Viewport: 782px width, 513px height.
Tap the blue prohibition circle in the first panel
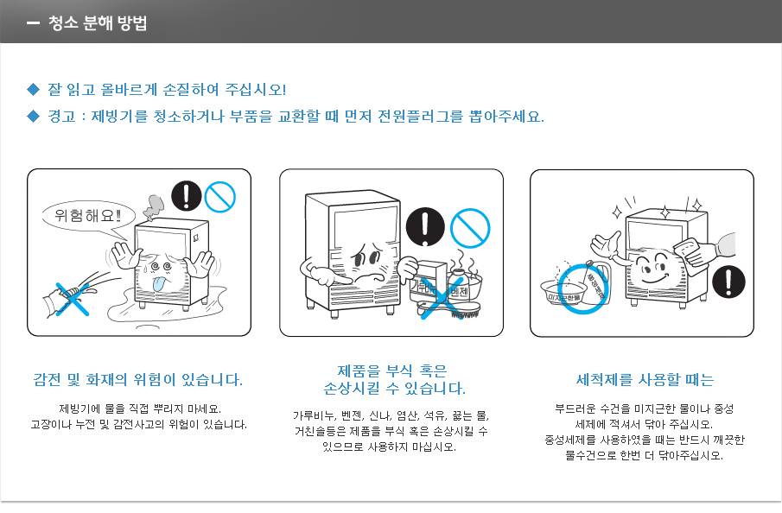click(219, 197)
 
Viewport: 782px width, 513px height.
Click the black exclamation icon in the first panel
click(185, 196)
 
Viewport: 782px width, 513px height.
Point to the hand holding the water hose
click(65, 296)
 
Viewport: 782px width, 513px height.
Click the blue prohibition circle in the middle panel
click(472, 227)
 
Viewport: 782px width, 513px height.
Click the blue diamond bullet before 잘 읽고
click(34, 89)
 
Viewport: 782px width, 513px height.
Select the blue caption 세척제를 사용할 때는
click(645, 380)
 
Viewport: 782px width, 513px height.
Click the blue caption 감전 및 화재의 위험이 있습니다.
click(138, 380)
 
